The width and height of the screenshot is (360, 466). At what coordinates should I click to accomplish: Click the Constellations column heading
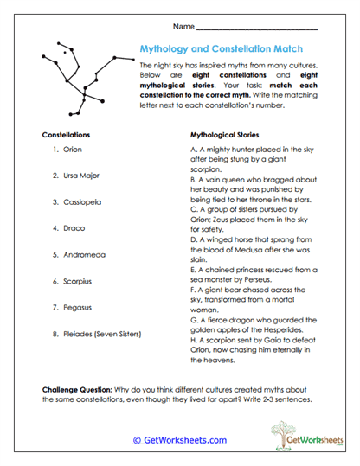click(x=66, y=136)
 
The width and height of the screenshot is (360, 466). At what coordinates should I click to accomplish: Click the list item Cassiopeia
click(x=82, y=201)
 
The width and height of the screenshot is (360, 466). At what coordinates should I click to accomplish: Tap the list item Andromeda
click(x=84, y=254)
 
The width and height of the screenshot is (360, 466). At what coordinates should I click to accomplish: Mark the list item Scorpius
click(x=77, y=281)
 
